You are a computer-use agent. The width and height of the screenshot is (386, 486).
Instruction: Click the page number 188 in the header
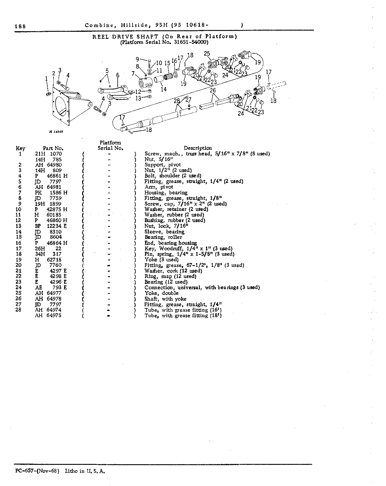[20, 26]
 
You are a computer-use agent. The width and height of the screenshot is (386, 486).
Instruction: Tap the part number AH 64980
[48, 165]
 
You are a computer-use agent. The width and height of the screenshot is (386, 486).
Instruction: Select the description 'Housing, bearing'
[166, 193]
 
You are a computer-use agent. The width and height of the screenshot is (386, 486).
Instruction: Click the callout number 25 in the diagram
[207, 54]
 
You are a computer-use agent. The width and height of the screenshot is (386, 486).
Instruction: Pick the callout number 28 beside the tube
[177, 101]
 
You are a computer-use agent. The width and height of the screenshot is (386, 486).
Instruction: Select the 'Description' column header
[198, 148]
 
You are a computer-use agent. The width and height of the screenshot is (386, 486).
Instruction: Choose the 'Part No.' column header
[53, 148]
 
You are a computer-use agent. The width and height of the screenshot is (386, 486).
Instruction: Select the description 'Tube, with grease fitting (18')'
[183, 316]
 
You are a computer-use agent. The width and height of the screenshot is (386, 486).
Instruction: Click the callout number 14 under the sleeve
[164, 89]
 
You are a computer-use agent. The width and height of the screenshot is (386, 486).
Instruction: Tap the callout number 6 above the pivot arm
[118, 75]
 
